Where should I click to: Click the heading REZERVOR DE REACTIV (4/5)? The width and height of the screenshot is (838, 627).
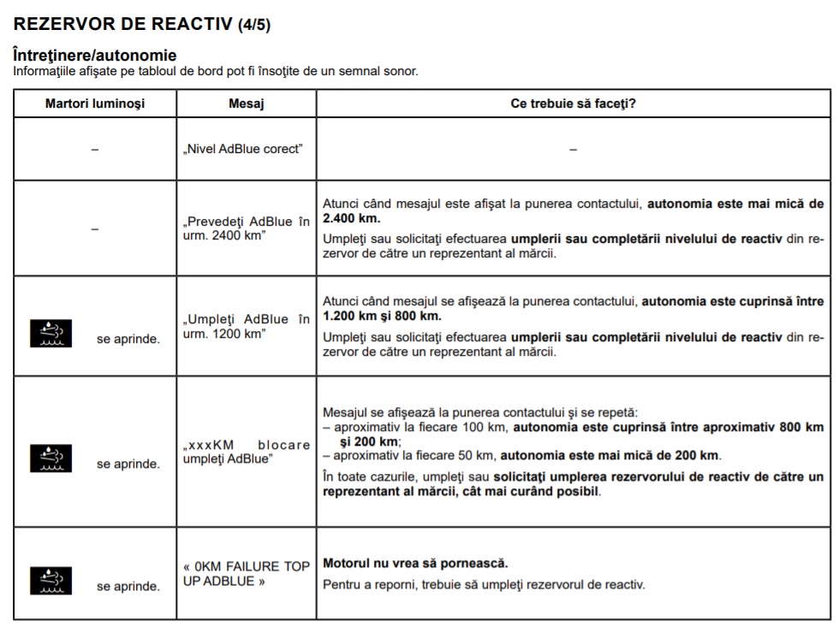pyautogui.click(x=142, y=24)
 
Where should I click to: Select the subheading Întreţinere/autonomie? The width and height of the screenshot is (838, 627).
pyautogui.click(x=95, y=56)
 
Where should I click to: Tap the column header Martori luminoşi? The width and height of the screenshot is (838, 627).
pyautogui.click(x=95, y=104)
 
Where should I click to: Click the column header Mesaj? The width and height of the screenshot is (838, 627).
pyautogui.click(x=247, y=104)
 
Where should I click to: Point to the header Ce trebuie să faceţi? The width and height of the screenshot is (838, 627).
pyautogui.click(x=573, y=104)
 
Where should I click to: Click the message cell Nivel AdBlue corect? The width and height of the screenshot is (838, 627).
pyautogui.click(x=242, y=149)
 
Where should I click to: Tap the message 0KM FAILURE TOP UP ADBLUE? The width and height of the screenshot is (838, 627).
pyautogui.click(x=247, y=574)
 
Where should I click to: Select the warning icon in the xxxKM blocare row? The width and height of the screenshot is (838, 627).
pyautogui.click(x=52, y=458)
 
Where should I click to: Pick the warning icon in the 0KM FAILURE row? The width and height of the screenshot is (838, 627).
pyautogui.click(x=52, y=581)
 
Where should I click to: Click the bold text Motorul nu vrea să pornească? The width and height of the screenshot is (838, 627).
pyautogui.click(x=415, y=564)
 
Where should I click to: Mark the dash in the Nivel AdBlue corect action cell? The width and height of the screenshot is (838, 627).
pyautogui.click(x=573, y=150)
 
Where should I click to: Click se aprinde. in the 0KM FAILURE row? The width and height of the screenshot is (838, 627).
pyautogui.click(x=128, y=587)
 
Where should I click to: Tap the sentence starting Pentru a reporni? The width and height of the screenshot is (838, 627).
pyautogui.click(x=484, y=585)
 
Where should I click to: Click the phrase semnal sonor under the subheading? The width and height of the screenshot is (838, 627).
pyautogui.click(x=377, y=71)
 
